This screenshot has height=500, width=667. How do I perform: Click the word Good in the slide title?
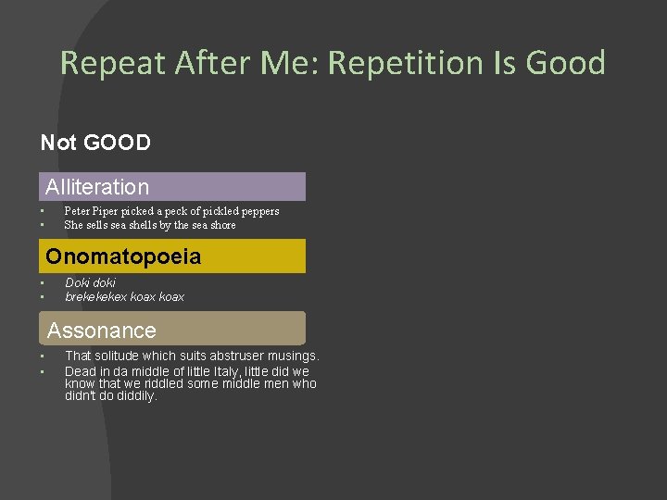pos(565,63)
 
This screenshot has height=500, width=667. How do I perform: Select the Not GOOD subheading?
pos(95,143)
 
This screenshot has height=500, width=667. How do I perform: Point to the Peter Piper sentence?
pos(171,211)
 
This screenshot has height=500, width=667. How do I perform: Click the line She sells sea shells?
pos(150,225)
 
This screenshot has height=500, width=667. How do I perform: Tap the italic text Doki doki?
pos(91,282)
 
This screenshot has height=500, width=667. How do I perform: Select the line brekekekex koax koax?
pos(124,297)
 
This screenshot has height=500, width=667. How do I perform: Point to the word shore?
pos(222,225)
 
